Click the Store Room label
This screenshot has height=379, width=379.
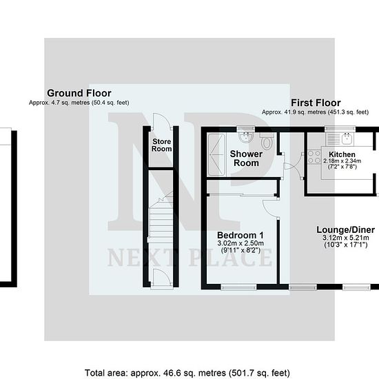click(x=161, y=145)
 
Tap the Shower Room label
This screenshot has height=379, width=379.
click(x=246, y=158)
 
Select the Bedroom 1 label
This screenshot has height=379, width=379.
click(x=240, y=235)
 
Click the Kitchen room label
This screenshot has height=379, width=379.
click(x=342, y=154)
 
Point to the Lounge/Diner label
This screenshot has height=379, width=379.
click(x=346, y=229)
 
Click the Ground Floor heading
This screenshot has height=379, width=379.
click(x=79, y=93)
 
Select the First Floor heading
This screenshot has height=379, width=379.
click(x=316, y=103)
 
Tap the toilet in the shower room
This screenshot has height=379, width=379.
click(x=267, y=141)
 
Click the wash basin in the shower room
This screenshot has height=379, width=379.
click(x=246, y=137)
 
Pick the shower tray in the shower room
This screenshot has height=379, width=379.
click(x=217, y=154)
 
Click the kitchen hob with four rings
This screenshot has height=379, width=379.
click(x=314, y=156)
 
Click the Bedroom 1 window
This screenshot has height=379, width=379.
click(x=238, y=287)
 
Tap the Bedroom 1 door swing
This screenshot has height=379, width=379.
click(x=270, y=208)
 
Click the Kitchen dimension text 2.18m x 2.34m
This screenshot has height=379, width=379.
click(x=342, y=161)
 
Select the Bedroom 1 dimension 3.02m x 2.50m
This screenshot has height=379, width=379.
click(x=240, y=243)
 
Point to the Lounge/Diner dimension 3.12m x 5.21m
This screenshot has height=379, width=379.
click(x=346, y=237)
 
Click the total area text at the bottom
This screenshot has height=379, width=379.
click(x=187, y=373)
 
